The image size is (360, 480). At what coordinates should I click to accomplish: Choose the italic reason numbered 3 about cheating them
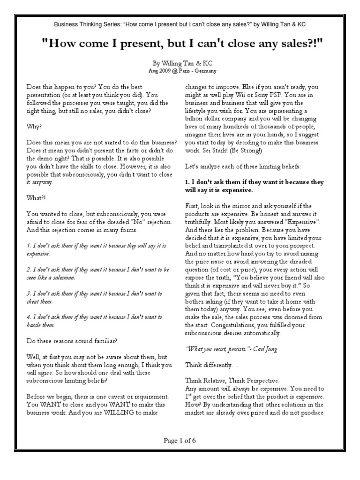[x=94, y=297]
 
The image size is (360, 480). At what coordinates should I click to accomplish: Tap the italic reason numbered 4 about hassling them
[x=94, y=321]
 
